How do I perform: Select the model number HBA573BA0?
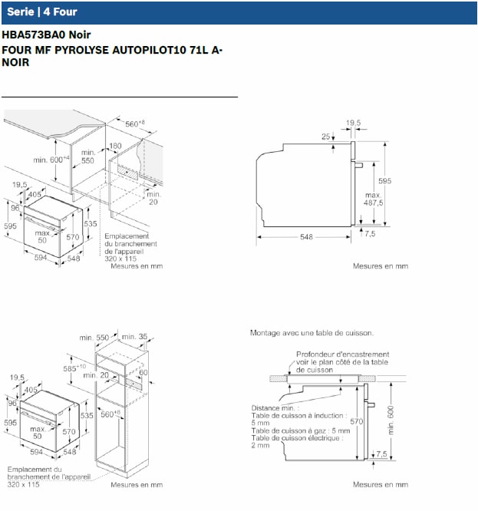pos(34,35)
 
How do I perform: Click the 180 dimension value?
pos(115,146)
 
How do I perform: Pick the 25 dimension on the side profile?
pos(326,137)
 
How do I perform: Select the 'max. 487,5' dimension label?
pos(374,199)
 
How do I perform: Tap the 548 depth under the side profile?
pos(306,237)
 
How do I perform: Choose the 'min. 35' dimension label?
pos(137,337)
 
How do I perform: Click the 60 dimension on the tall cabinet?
pos(143,372)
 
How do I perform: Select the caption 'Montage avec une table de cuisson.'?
pos(312,333)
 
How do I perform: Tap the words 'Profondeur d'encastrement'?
pos(338,354)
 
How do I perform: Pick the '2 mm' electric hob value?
pos(261,445)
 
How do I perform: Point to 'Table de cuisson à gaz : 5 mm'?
pos(300,430)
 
